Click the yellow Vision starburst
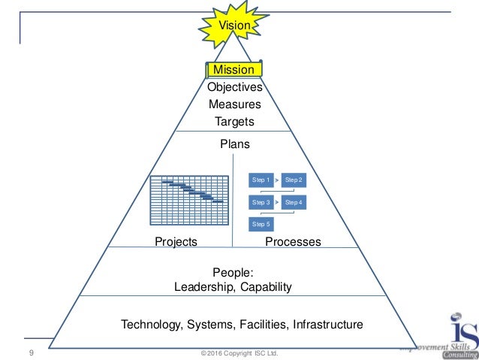(234, 26)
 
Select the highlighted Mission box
(234, 70)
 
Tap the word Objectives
(234, 87)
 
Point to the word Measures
(234, 104)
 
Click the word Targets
(234, 121)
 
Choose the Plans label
(234, 144)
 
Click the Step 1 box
(261, 181)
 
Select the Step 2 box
(294, 181)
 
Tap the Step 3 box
(261, 203)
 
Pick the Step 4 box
(294, 203)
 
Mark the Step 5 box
(261, 224)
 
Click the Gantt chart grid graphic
(188, 199)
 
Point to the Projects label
(176, 242)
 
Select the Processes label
(293, 242)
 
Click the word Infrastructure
(327, 325)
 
